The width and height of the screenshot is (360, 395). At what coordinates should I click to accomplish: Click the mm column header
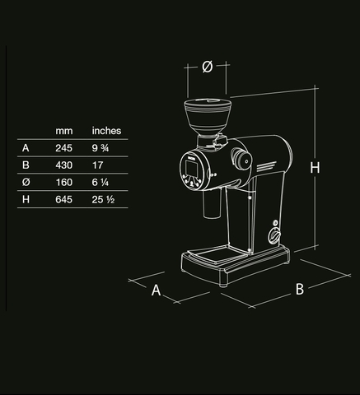pos(63,131)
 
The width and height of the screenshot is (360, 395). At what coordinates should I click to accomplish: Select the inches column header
pos(106,131)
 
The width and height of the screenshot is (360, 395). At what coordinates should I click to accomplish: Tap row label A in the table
pos(26,148)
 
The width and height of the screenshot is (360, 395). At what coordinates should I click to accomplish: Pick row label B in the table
pos(26,165)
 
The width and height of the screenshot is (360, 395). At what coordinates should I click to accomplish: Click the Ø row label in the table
pos(26,183)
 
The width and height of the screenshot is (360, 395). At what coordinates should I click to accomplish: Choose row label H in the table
pos(26,200)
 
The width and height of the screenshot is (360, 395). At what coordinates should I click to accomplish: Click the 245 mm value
pos(63,148)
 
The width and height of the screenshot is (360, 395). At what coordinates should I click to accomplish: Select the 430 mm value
pos(63,165)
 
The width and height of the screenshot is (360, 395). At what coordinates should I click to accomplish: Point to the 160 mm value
pos(63,183)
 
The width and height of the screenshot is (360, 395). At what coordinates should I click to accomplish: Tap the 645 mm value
pos(63,200)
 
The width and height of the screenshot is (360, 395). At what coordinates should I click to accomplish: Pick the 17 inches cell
pos(97,165)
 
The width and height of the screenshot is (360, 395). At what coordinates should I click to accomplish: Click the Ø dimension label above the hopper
pos(208,67)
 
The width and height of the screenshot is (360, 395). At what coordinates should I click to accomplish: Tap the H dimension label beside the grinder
pos(315,168)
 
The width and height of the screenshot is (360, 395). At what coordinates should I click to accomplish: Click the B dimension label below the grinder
pos(300,289)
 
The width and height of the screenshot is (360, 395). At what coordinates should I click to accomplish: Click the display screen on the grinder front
pos(191,170)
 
